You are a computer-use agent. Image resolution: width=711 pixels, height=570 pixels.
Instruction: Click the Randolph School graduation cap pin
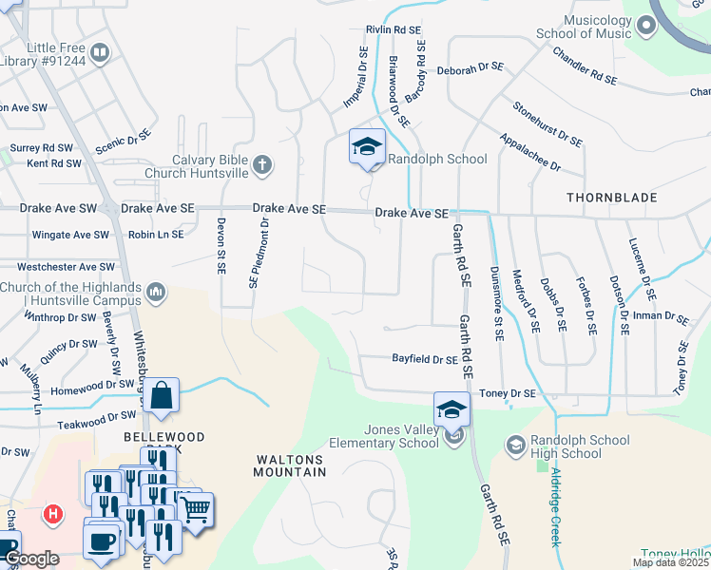coord(367,147)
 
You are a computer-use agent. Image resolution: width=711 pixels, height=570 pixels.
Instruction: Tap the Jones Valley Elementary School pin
coord(452,410)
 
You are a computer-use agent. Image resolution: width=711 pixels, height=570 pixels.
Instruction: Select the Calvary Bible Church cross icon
coord(263,166)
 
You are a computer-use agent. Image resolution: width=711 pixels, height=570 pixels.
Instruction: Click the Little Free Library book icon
coord(100,51)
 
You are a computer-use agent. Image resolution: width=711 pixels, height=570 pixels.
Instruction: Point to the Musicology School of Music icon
coord(646,26)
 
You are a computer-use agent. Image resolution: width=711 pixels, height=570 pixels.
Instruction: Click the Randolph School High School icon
coord(515,445)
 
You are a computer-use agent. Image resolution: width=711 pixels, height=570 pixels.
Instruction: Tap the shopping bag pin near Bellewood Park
coord(162,394)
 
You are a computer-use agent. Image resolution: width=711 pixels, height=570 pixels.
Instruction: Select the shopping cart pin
coord(197,509)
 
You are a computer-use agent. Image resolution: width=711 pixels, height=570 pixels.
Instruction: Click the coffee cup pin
coord(100,541)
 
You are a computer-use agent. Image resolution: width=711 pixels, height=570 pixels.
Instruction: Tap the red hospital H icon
coord(54,515)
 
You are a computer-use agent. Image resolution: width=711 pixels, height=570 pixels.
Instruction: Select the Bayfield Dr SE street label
coord(425,359)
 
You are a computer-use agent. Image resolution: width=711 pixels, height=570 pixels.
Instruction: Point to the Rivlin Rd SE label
coord(393,30)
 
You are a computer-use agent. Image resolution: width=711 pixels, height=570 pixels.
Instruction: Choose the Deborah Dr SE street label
coord(469,68)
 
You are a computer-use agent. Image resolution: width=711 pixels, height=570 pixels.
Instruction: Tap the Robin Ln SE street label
coord(156,234)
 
